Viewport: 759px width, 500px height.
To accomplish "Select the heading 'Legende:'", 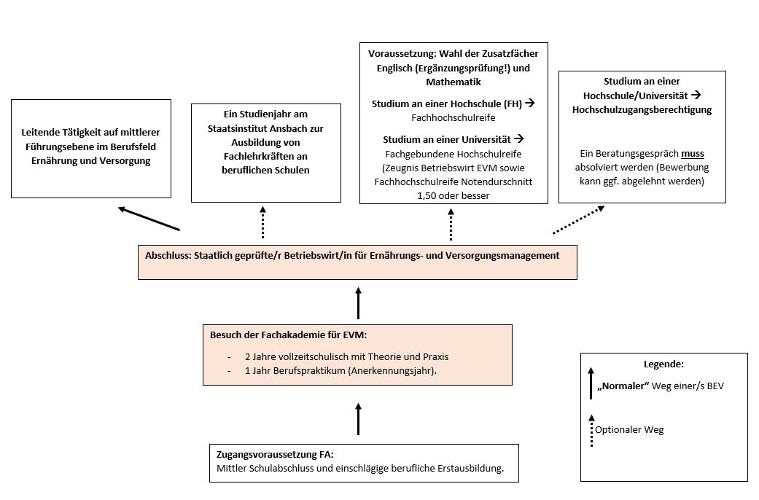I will (x=663, y=364).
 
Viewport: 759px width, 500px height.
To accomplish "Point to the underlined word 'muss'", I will (x=693, y=155).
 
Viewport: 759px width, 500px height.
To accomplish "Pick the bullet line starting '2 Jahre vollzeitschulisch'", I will (x=346, y=356).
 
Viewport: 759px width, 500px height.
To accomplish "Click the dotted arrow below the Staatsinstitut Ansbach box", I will (x=263, y=222).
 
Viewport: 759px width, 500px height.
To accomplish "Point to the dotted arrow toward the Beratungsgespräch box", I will (x=578, y=220).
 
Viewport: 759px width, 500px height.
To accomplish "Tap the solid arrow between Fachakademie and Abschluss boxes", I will (x=358, y=302).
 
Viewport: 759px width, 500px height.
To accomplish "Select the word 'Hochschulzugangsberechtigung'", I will (x=642, y=109).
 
